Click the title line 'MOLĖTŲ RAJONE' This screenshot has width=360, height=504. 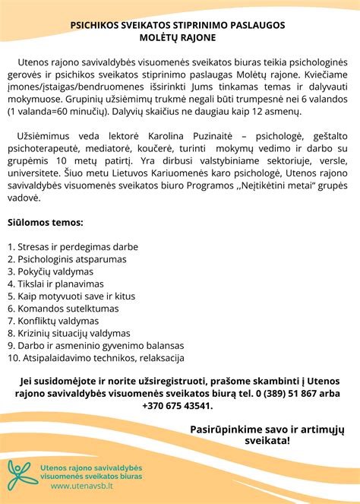pyautogui.click(x=178, y=36)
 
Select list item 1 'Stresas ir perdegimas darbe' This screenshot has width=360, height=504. pyautogui.click(x=72, y=247)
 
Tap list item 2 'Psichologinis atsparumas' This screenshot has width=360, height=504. pyautogui.click(x=67, y=259)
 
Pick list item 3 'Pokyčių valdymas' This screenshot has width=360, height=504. pyautogui.click(x=51, y=271)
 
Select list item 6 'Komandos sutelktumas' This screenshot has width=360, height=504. pyautogui.click(x=63, y=309)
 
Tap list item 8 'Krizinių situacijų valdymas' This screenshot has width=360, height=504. pyautogui.click(x=70, y=333)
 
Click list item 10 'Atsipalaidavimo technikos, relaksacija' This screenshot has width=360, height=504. pyautogui.click(x=96, y=357)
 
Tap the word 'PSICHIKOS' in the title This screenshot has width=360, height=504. pyautogui.click(x=95, y=24)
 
